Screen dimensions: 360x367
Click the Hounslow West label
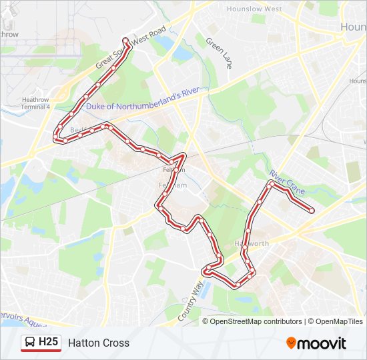point(254,9)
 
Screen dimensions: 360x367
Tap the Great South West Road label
point(130,49)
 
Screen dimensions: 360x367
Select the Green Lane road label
point(218,50)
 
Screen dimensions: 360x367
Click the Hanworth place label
point(252,243)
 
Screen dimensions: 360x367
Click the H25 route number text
point(49,343)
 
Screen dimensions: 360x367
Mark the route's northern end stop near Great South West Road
point(124,39)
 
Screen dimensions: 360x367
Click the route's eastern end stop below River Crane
point(312,211)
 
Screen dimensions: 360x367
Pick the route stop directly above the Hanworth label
point(248,231)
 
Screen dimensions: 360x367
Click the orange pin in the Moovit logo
point(292,343)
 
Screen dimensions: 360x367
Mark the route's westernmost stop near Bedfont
point(56,138)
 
